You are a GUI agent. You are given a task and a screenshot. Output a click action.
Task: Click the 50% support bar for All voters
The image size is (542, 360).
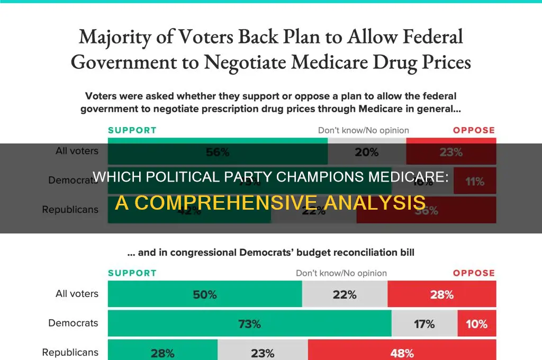pos(205,294)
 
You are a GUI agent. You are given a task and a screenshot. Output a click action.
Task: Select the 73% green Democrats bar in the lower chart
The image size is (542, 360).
pos(249,323)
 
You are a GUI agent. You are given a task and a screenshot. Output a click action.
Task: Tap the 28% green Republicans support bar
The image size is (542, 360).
pos(162,352)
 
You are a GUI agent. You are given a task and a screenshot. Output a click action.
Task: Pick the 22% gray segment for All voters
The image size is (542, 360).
pos(345,294)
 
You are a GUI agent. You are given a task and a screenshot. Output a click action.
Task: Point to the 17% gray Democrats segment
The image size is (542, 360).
pos(424,323)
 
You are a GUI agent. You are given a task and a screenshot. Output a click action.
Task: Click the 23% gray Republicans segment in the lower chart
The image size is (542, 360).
pos(263,352)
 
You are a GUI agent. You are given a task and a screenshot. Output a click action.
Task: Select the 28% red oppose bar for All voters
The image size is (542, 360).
pos(441,294)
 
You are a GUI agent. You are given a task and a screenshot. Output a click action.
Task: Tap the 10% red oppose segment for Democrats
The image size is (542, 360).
pos(476,323)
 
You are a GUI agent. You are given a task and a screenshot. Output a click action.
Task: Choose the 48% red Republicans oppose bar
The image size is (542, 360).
pos(402,352)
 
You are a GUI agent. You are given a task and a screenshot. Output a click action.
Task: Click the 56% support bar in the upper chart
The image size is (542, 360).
pos(218,151)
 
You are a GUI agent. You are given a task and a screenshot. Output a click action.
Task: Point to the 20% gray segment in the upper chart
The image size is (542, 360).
pos(367,151)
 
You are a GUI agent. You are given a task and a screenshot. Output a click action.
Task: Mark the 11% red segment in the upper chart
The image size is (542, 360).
pos(475,181)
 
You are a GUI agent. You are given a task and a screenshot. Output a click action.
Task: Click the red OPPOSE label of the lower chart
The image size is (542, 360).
pos(474,273)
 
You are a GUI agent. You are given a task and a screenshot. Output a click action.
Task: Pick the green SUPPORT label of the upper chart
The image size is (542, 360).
pos(132,130)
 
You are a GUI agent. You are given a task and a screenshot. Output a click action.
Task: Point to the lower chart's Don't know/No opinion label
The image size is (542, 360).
pos(341,273)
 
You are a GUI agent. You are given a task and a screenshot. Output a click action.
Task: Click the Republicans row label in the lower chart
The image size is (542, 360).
pos(70,352)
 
